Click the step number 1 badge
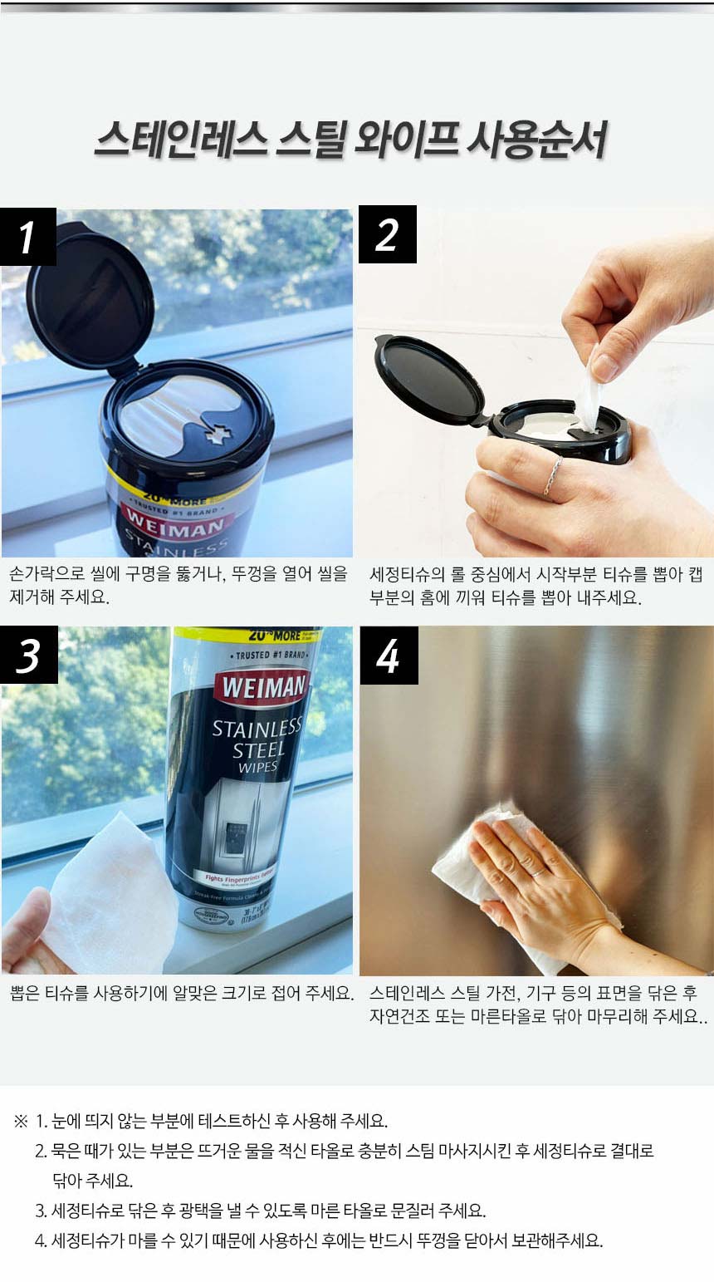[28, 237]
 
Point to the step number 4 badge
[388, 656]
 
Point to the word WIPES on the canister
[257, 767]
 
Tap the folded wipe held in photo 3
[112, 889]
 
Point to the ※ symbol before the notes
[21, 1122]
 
